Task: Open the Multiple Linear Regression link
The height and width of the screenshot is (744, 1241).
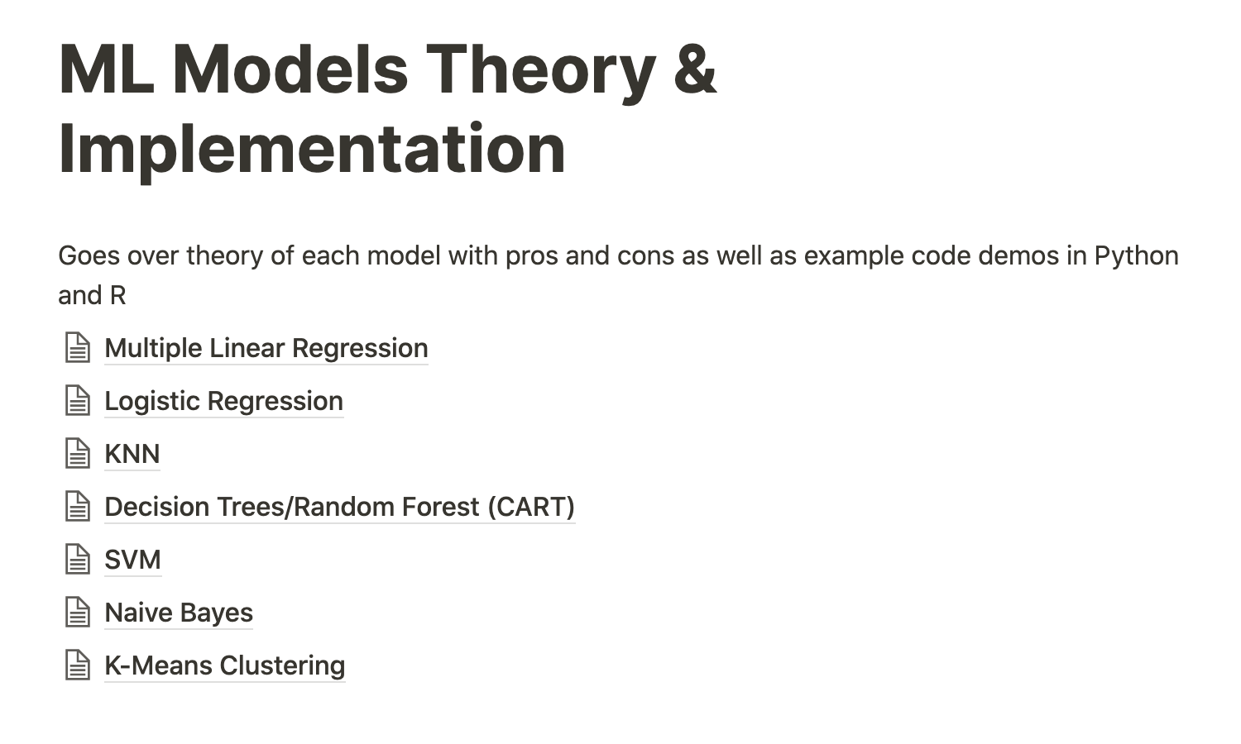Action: (x=266, y=348)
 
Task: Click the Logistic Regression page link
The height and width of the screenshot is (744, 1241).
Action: (x=224, y=401)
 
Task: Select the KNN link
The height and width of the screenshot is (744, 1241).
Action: (x=132, y=454)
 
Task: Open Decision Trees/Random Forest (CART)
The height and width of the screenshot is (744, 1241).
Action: (x=339, y=507)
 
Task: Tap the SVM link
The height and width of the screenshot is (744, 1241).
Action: (x=132, y=560)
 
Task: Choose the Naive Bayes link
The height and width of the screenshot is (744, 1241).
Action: (x=179, y=613)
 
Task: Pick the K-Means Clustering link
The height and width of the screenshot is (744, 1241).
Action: (x=224, y=665)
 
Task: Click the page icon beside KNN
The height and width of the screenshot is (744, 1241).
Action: (x=78, y=454)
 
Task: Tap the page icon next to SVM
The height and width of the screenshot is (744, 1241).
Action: (x=78, y=560)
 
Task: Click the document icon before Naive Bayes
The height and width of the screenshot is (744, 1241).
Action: (x=78, y=613)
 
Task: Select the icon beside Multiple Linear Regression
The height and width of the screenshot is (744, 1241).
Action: (x=78, y=348)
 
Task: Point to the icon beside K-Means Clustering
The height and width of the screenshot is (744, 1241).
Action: (x=78, y=665)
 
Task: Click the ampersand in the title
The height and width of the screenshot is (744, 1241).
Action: (x=695, y=70)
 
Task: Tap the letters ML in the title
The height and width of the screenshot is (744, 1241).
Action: (x=107, y=69)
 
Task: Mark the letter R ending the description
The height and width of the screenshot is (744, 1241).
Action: (x=118, y=296)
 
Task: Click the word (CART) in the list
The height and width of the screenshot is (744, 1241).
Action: (x=531, y=508)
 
